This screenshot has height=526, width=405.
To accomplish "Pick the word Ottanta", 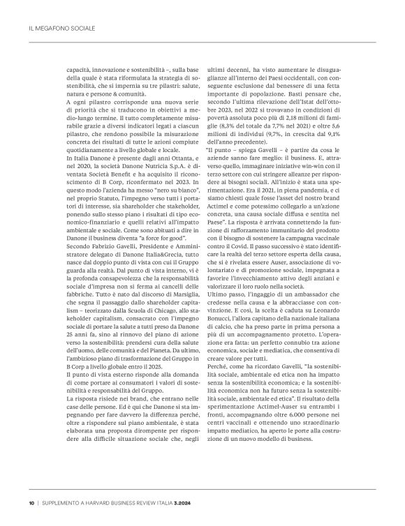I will [x=162, y=172].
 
